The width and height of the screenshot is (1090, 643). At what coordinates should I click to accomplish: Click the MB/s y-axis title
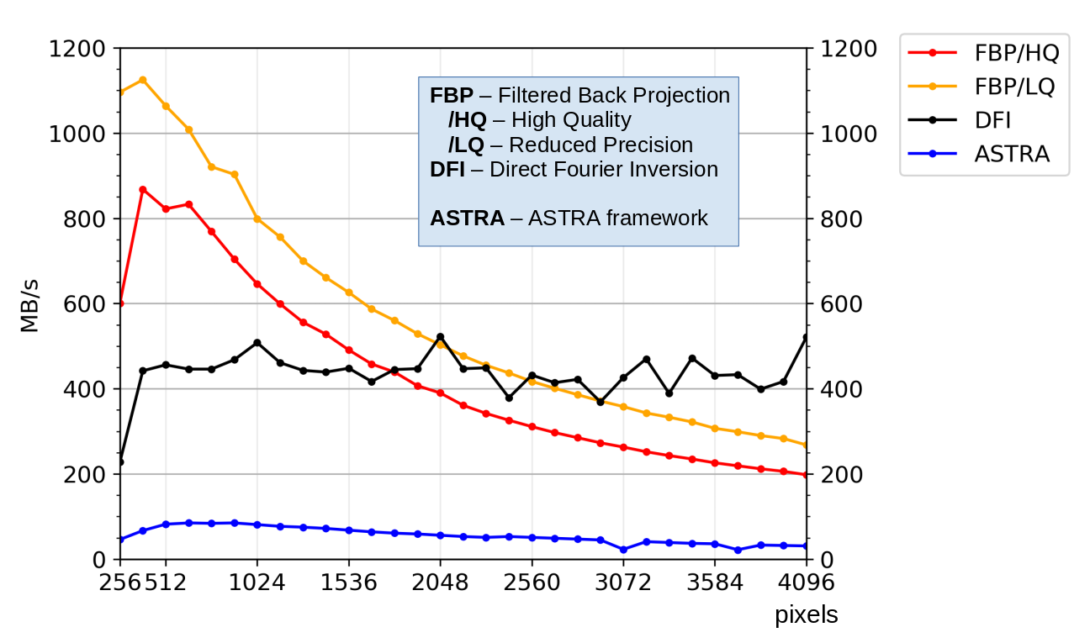click(x=30, y=303)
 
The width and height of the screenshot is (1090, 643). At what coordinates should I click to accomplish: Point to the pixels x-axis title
click(x=806, y=615)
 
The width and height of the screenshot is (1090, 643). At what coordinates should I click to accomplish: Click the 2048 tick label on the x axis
click(x=440, y=582)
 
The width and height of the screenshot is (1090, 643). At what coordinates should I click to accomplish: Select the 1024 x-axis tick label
click(x=257, y=582)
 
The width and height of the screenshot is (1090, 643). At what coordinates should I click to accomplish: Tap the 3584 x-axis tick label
click(x=715, y=582)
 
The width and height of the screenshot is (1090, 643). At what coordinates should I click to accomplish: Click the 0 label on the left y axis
click(x=99, y=560)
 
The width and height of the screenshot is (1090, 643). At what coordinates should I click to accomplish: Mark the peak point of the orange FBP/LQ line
click(x=143, y=80)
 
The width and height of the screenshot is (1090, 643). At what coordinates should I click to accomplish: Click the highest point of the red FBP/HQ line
click(x=143, y=190)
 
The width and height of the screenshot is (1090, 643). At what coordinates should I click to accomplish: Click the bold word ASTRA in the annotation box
click(x=467, y=219)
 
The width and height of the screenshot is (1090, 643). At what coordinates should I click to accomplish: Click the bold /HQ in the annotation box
click(x=467, y=120)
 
